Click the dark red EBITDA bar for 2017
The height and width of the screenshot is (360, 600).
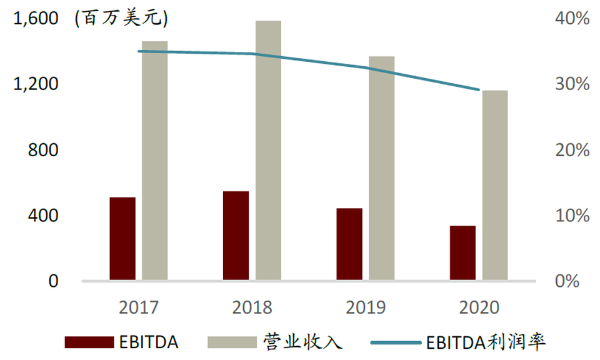122,238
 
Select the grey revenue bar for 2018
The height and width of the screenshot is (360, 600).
268,150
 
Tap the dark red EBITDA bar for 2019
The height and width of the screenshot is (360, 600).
349,244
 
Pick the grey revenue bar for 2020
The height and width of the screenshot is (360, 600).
495,185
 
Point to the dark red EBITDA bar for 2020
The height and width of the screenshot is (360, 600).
462,252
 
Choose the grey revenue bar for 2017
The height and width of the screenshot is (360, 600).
155,160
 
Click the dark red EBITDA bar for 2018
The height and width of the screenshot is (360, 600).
236,235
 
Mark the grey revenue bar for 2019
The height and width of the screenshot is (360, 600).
382,167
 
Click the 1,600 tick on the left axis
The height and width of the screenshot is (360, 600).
35,19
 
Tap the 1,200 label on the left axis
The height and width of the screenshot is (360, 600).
35,84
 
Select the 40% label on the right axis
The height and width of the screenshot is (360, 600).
572,19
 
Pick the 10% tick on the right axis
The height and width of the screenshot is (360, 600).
572,216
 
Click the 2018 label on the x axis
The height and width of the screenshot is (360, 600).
252,307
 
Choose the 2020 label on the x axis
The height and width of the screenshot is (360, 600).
479,307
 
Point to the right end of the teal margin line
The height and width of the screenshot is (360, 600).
479,90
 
